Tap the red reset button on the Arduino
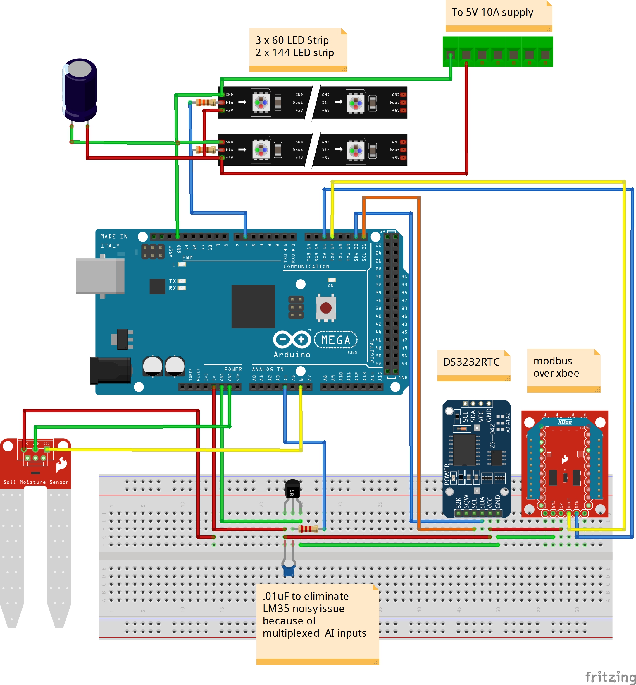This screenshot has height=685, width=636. click(x=325, y=307)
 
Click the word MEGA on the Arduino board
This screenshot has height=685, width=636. click(x=336, y=340)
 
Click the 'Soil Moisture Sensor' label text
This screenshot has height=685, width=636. click(x=36, y=482)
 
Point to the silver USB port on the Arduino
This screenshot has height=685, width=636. click(x=100, y=276)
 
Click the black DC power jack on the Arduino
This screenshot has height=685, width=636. click(x=110, y=370)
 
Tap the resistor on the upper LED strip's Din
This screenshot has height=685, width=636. click(x=206, y=102)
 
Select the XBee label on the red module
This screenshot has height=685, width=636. click(x=565, y=422)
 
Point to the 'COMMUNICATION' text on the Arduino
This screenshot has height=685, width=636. click(x=306, y=267)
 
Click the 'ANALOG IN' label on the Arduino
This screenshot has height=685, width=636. click(x=268, y=369)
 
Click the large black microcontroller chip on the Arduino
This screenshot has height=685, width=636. click(x=253, y=306)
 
